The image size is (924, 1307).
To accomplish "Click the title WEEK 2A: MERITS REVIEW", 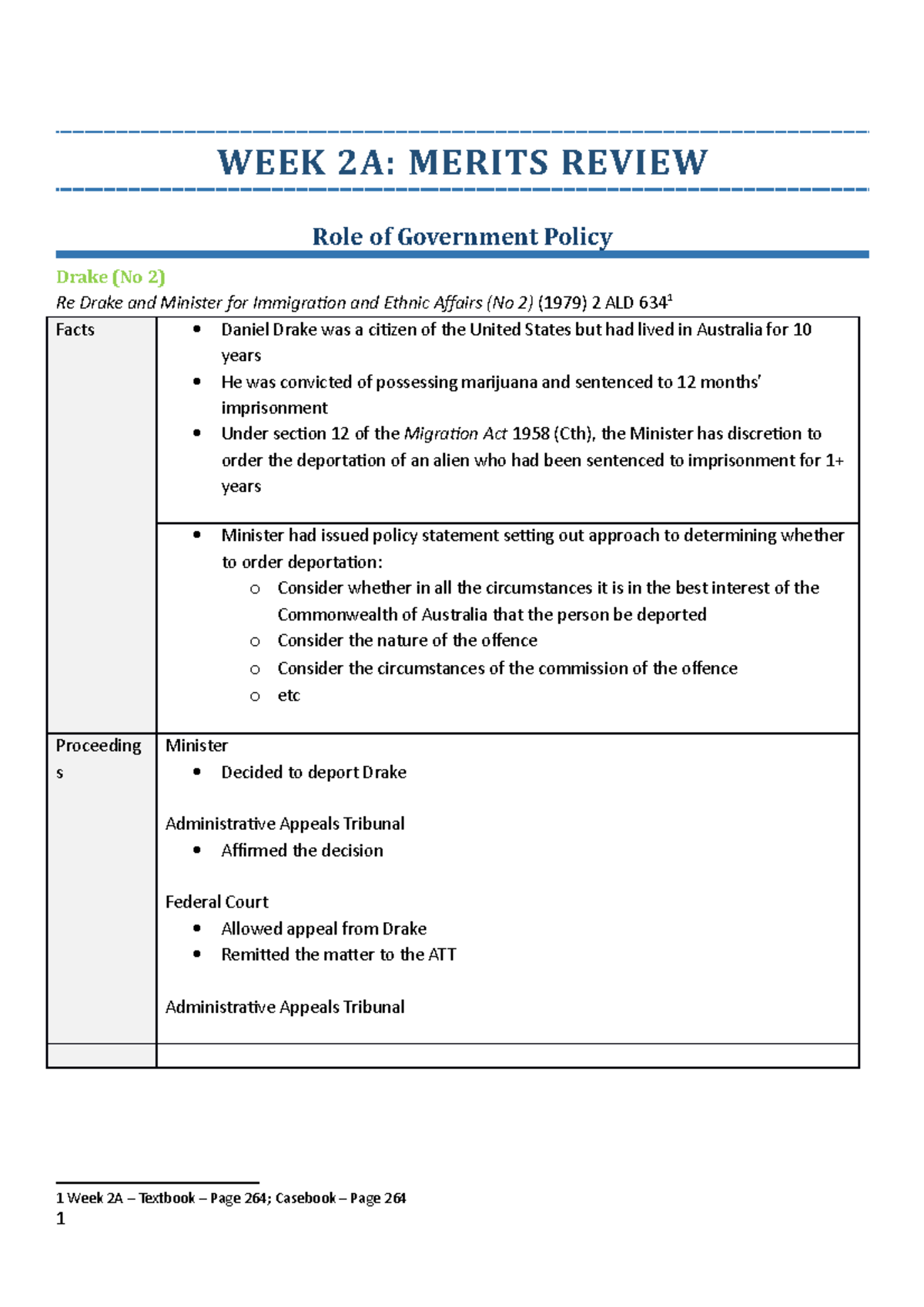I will tap(462, 162).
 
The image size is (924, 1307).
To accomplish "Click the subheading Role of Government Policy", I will tap(462, 236).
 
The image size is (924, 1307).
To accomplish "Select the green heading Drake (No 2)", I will tap(110, 277).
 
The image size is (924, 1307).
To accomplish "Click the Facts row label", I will tap(75, 330).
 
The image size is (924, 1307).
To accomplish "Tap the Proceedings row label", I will tap(98, 747).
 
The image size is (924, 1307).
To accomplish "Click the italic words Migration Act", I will tap(455, 434).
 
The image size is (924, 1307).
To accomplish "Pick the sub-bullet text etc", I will tap(289, 696).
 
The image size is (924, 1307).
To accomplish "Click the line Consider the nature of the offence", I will tap(407, 641).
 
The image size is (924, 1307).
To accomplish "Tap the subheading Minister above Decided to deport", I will tap(196, 746).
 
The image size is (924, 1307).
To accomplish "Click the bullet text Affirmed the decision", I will tap(302, 851).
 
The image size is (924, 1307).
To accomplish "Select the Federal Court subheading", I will tap(216, 902).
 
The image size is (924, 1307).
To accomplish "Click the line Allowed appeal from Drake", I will tap(323, 929).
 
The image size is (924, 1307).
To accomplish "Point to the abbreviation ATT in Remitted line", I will tap(442, 955).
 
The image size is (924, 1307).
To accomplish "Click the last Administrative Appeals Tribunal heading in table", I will tap(284, 1008).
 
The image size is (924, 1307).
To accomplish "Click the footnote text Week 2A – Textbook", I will tap(131, 1198).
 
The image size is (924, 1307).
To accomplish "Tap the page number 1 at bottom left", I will tap(61, 1218).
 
